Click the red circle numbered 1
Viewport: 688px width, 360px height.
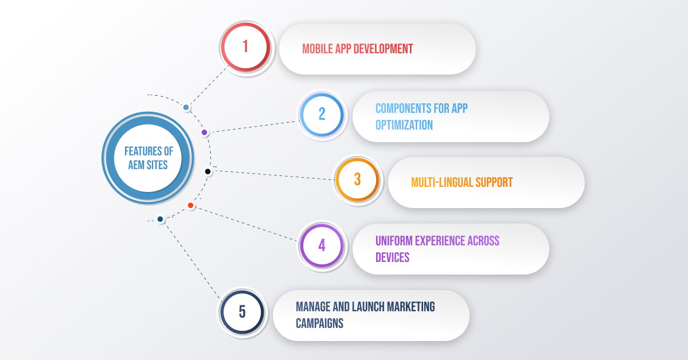pos(245,46)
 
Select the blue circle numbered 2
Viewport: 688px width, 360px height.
pos(322,114)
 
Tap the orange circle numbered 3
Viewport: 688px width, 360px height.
pos(357,179)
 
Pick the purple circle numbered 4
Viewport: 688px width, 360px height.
pos(322,246)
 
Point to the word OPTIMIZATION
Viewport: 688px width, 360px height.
pos(404,124)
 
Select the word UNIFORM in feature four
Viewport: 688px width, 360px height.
pos(396,241)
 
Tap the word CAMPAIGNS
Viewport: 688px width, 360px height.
pos(319,323)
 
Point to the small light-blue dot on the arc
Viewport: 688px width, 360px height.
pos(186,107)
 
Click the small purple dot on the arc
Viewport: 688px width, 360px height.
pos(204,132)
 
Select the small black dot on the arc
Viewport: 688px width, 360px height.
pos(208,171)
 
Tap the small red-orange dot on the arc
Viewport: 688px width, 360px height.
pos(190,205)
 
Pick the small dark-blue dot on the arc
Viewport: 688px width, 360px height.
pos(161,219)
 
